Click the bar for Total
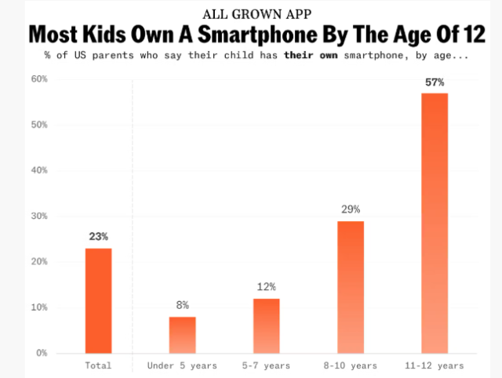[98, 300]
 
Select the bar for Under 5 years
[182, 335]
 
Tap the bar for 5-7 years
[266, 325]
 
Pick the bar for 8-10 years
[350, 287]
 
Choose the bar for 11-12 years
[435, 223]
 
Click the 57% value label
[435, 82]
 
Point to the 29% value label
[350, 209]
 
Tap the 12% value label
[266, 287]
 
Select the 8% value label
[182, 305]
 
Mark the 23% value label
[98, 236]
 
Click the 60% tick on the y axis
[39, 79]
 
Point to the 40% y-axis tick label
[39, 170]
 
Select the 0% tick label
[42, 353]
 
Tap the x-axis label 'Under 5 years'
[182, 365]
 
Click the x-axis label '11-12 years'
[435, 365]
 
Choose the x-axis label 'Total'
[98, 365]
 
